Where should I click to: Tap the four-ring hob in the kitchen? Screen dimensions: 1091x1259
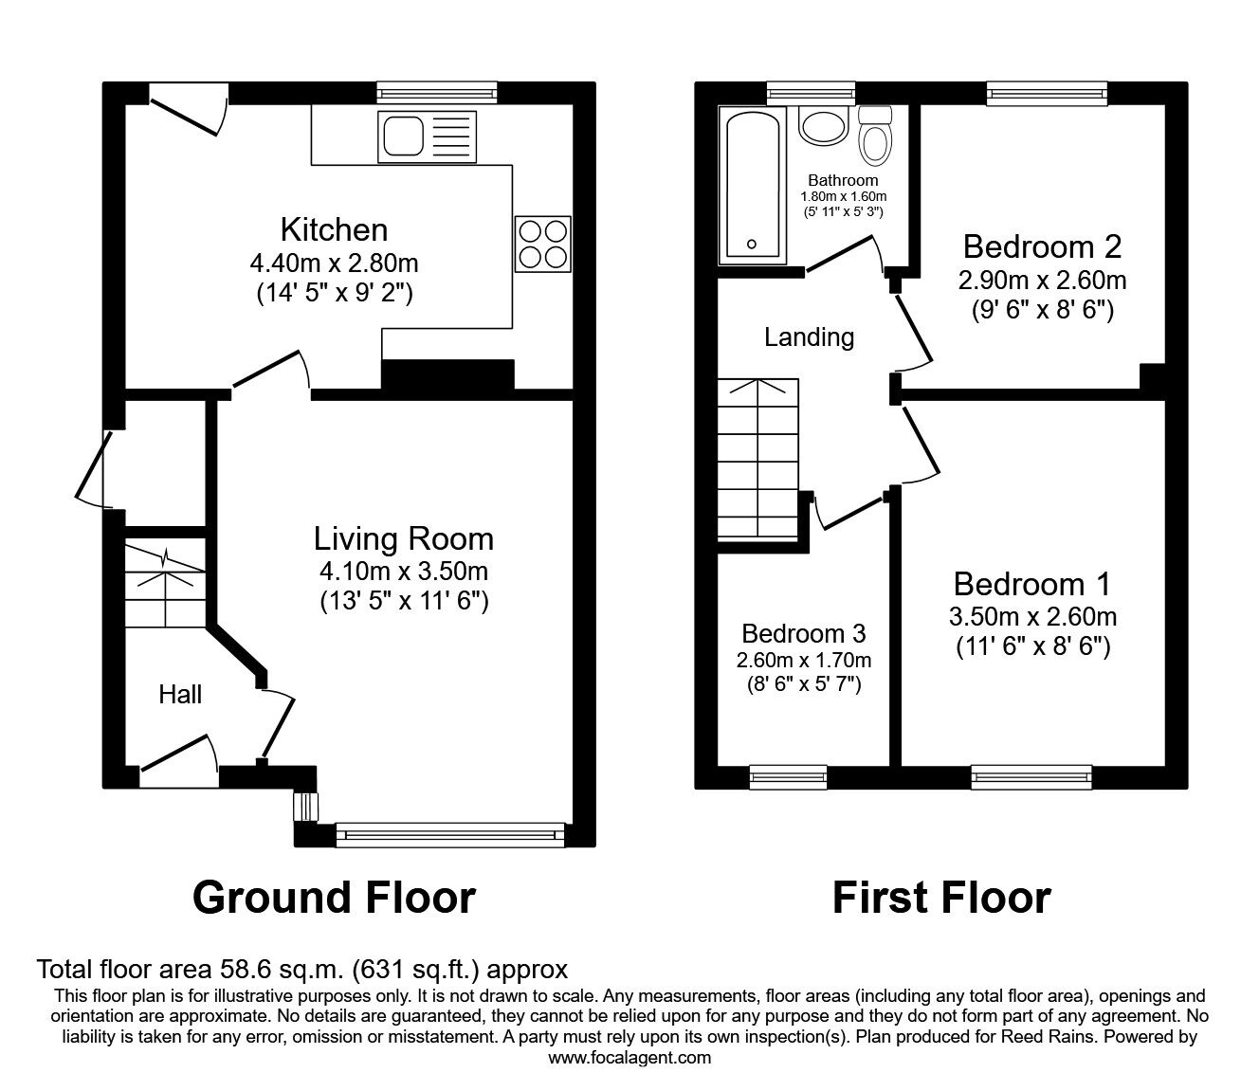[x=543, y=244]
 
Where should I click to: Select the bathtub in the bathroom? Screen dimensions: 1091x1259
[x=752, y=185]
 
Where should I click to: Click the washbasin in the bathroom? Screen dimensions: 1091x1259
[x=822, y=126]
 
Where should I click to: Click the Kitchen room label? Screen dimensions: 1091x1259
[x=334, y=229]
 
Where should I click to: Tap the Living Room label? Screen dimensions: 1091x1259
[x=404, y=538]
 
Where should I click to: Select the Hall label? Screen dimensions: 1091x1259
[x=180, y=695]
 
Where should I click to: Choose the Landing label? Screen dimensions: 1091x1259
[x=809, y=336]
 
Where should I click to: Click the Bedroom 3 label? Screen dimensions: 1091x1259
[x=804, y=633]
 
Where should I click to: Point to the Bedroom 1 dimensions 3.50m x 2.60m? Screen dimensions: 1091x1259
[x=1032, y=617]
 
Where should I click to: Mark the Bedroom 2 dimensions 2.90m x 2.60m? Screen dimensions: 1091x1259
[x=1042, y=281]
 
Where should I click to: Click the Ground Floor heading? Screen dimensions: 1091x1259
[x=334, y=897]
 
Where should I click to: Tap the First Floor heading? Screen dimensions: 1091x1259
[x=941, y=897]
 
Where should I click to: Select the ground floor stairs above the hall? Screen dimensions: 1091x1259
[x=165, y=584]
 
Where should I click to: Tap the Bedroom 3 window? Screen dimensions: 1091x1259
[x=788, y=777]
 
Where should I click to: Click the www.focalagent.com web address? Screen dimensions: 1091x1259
[x=629, y=1058]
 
